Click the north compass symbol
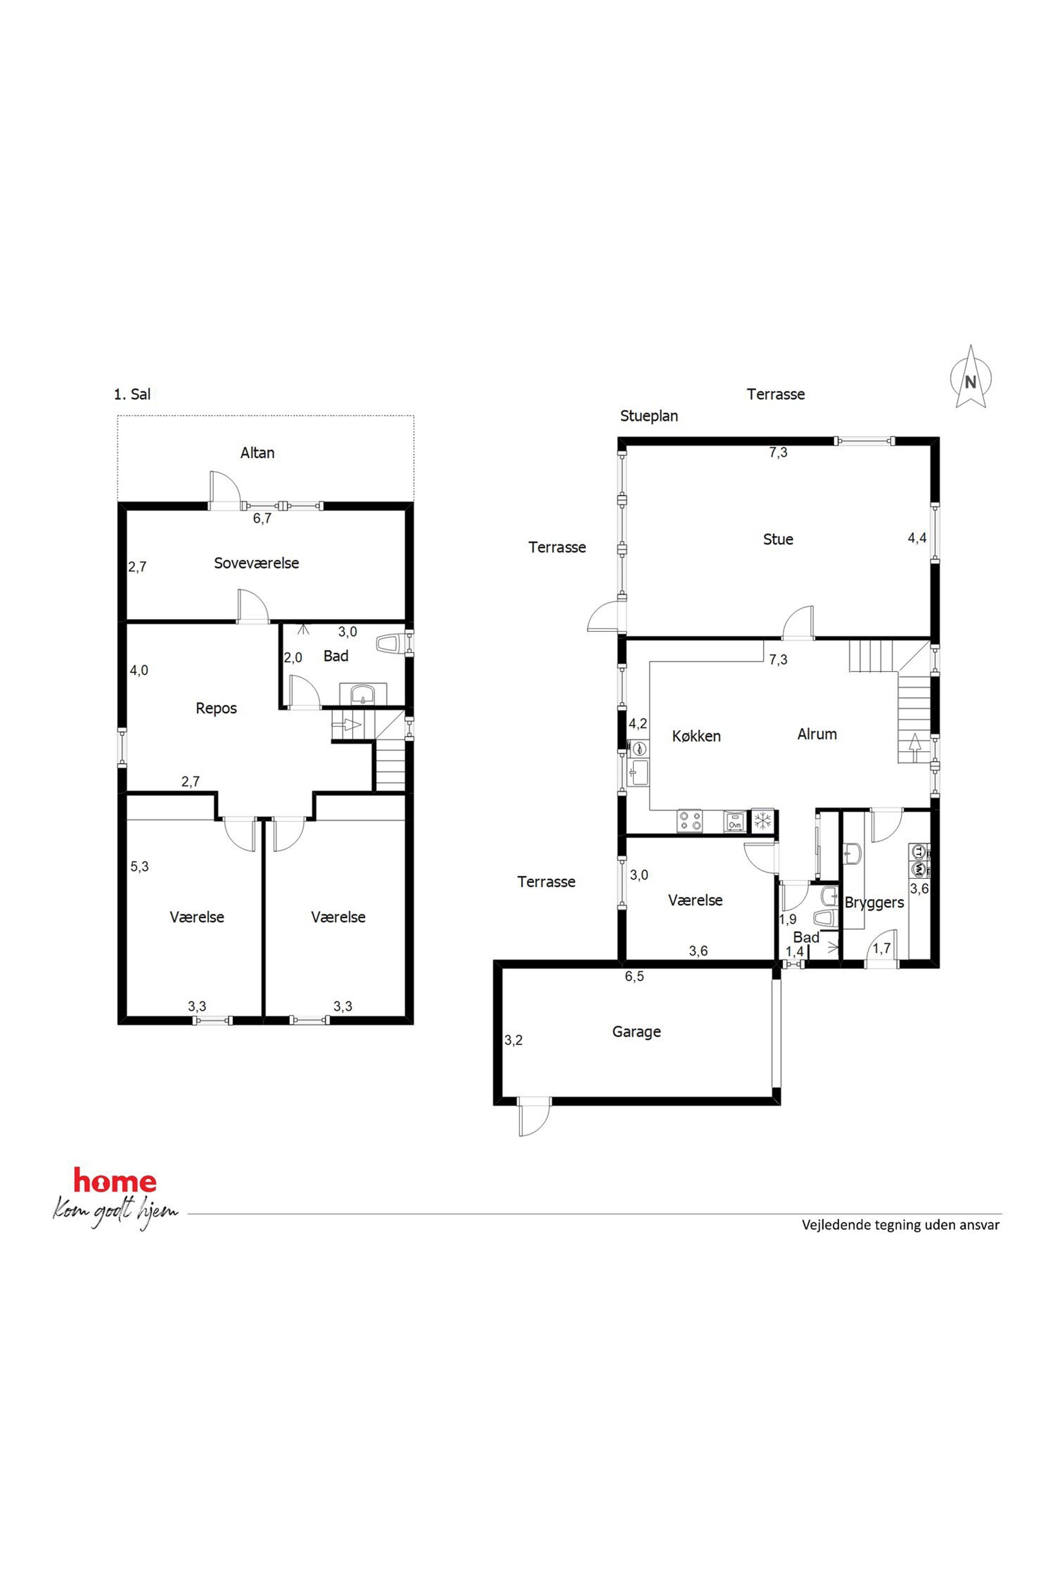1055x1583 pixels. tap(970, 378)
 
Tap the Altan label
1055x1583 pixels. tap(258, 453)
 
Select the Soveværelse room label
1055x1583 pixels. tap(256, 563)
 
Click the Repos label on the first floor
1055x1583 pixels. tap(216, 708)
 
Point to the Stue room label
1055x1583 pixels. tap(778, 539)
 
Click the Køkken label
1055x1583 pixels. tap(697, 736)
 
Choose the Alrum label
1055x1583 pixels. tap(817, 734)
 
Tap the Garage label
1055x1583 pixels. tap(637, 1032)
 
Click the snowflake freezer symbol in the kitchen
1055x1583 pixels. tap(763, 820)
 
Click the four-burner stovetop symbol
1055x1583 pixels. tap(690, 821)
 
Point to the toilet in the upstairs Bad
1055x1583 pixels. tap(392, 644)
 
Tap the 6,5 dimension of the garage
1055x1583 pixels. tap(634, 977)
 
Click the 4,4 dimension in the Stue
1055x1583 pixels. tap(917, 538)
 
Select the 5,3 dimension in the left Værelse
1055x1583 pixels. tap(139, 867)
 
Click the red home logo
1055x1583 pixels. tap(115, 1199)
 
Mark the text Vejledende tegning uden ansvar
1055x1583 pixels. tap(900, 1244)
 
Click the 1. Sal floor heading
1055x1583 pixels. tap(132, 394)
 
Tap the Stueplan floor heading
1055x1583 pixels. tap(649, 416)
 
